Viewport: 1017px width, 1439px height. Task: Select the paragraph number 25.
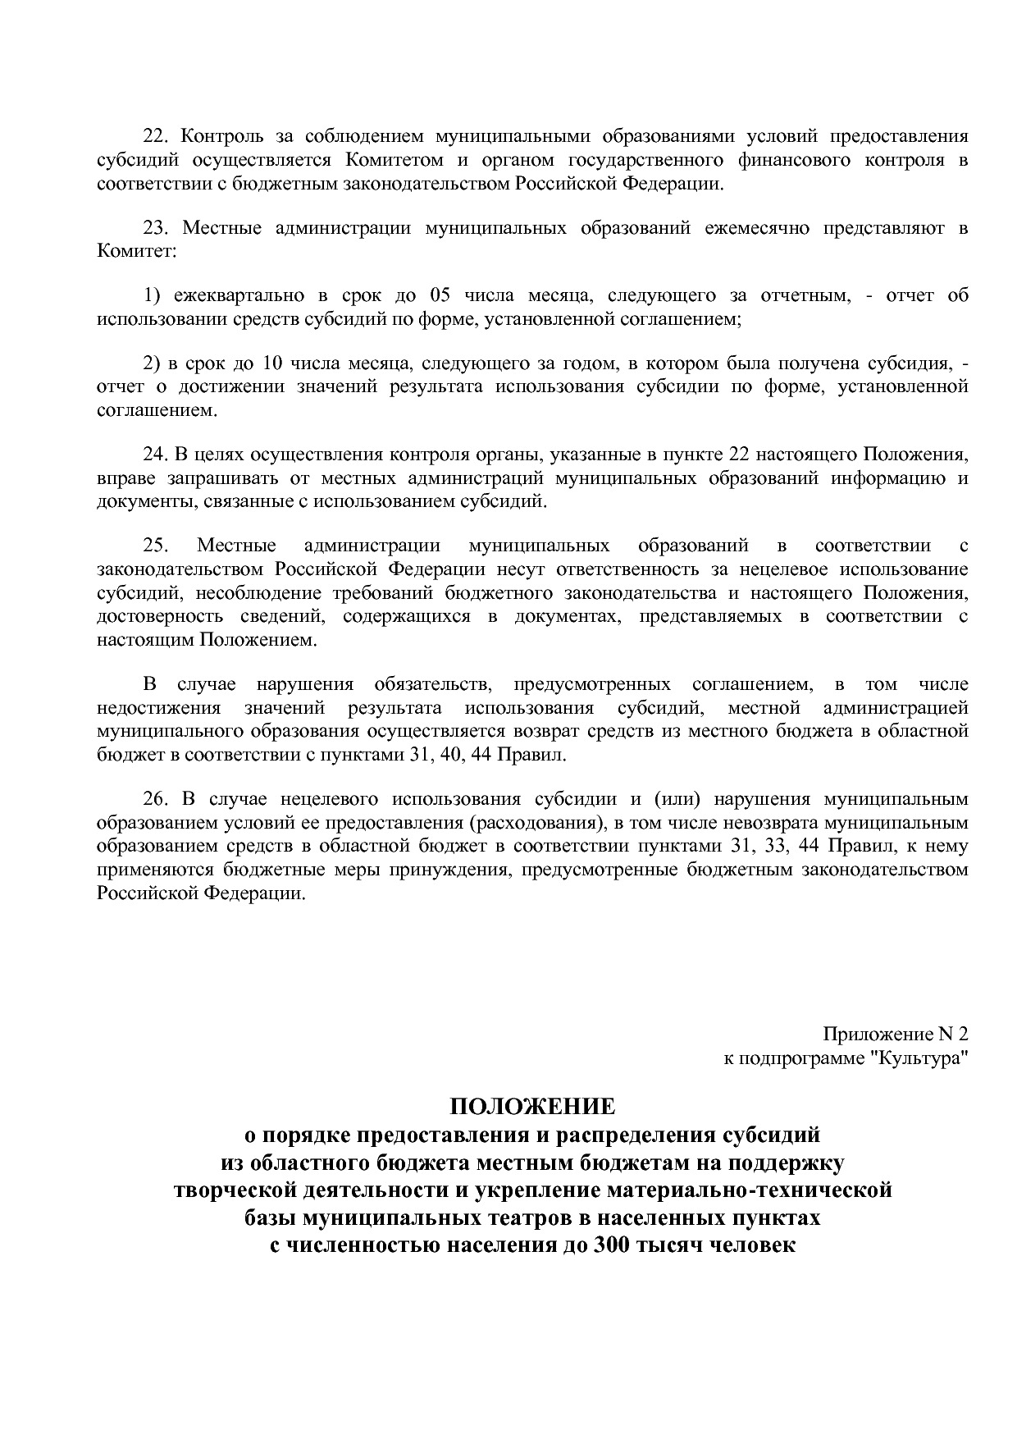[154, 546]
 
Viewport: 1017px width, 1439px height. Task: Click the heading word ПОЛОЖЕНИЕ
[531, 1107]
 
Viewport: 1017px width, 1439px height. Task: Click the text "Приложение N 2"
[896, 1035]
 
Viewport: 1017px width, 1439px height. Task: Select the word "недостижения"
[158, 708]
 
